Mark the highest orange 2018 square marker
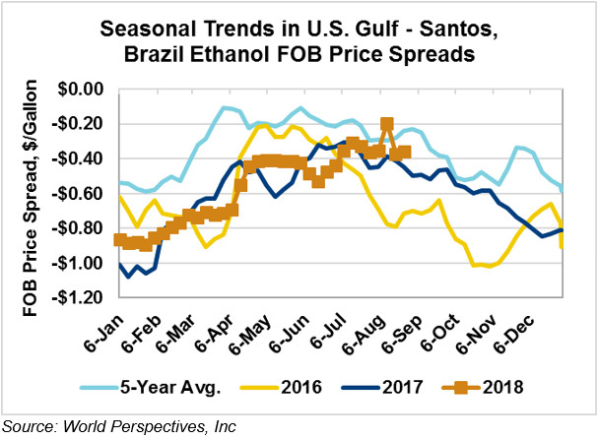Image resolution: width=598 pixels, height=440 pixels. coord(387,124)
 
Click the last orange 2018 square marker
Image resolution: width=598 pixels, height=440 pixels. coord(405,152)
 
